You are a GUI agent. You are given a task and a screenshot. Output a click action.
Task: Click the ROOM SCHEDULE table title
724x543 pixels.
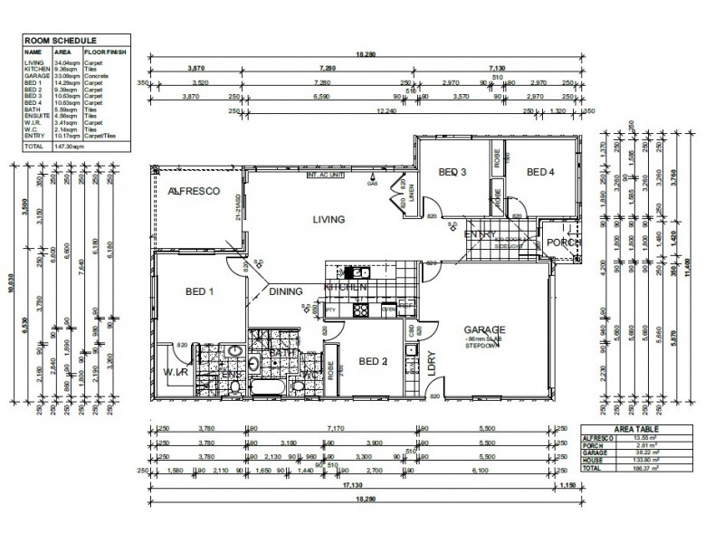pyautogui.click(x=52, y=41)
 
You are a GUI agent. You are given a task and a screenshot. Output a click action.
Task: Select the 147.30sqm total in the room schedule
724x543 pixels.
pyautogui.click(x=69, y=146)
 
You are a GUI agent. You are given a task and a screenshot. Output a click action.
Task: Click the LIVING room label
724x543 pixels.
pyautogui.click(x=329, y=219)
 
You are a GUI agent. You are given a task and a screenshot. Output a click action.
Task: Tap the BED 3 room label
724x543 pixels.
pyautogui.click(x=452, y=173)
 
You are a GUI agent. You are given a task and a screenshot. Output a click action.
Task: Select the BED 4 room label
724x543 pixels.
pyautogui.click(x=540, y=173)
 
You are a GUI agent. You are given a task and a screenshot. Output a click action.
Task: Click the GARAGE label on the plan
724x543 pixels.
pyautogui.click(x=485, y=329)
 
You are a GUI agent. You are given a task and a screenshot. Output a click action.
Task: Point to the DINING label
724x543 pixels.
pyautogui.click(x=286, y=291)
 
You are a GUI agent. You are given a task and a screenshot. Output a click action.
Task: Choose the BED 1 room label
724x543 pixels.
pyautogui.click(x=198, y=291)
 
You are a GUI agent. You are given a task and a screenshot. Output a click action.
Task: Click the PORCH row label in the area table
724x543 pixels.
pyautogui.click(x=595, y=445)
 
